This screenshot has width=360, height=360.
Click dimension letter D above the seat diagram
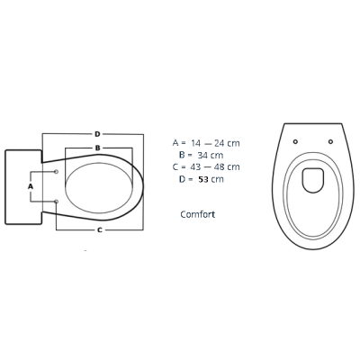coord(97,134)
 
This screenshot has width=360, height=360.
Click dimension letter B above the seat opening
coord(97,148)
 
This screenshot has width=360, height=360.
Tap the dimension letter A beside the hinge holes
coord(31,186)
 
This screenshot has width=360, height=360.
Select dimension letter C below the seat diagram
coord(100,230)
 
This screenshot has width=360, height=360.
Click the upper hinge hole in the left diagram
coord(56,172)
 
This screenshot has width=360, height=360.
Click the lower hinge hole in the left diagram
coord(56,202)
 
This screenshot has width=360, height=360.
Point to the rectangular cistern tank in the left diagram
coord(23,187)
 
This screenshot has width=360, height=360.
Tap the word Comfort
coord(198,214)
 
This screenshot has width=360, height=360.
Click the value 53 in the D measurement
coord(203,179)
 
